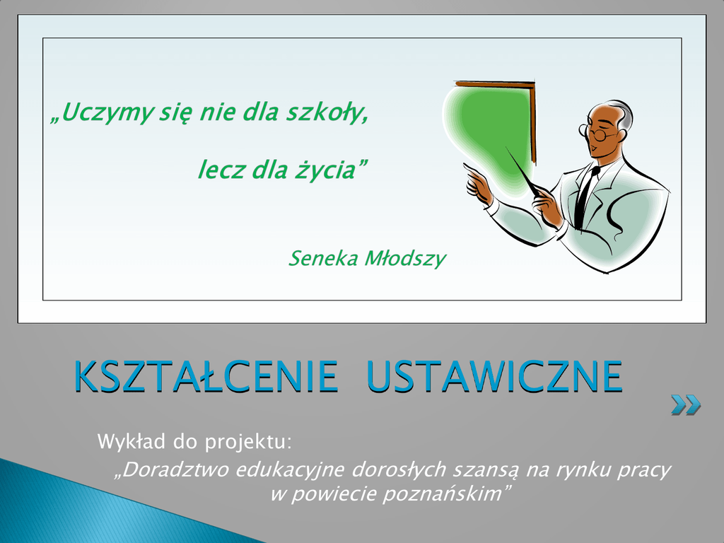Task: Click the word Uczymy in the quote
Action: pyautogui.click(x=107, y=112)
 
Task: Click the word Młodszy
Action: pyautogui.click(x=405, y=259)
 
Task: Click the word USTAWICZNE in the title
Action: pyautogui.click(x=494, y=376)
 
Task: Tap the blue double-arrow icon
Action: pyautogui.click(x=686, y=405)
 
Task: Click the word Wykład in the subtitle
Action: pyautogui.click(x=132, y=442)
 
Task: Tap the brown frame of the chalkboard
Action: pyautogui.click(x=532, y=122)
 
